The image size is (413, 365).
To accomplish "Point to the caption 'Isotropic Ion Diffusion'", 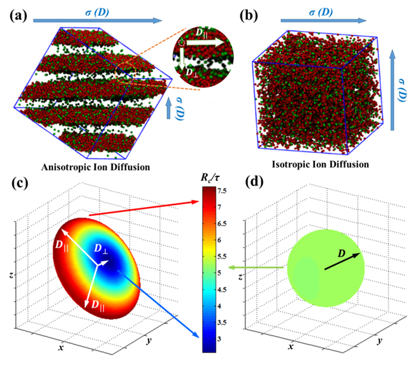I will pyautogui.click(x=319, y=164).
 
